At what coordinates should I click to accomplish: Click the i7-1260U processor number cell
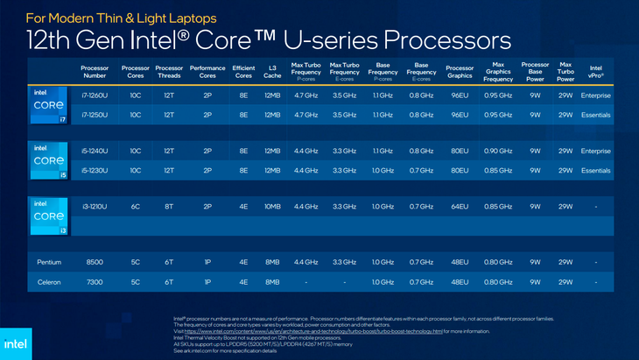95,95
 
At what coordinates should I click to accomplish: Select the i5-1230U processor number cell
95,170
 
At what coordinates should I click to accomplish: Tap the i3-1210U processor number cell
95,206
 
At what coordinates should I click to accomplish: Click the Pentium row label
49,262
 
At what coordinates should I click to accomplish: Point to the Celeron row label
49,281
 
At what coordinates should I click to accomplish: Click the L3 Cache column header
271,71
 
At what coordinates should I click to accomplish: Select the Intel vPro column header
595,71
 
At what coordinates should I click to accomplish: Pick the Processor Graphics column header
459,71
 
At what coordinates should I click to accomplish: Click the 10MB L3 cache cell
271,206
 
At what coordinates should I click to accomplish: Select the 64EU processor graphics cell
459,206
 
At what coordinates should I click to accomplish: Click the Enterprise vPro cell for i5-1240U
595,151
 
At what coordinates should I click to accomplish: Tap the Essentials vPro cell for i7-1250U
595,114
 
